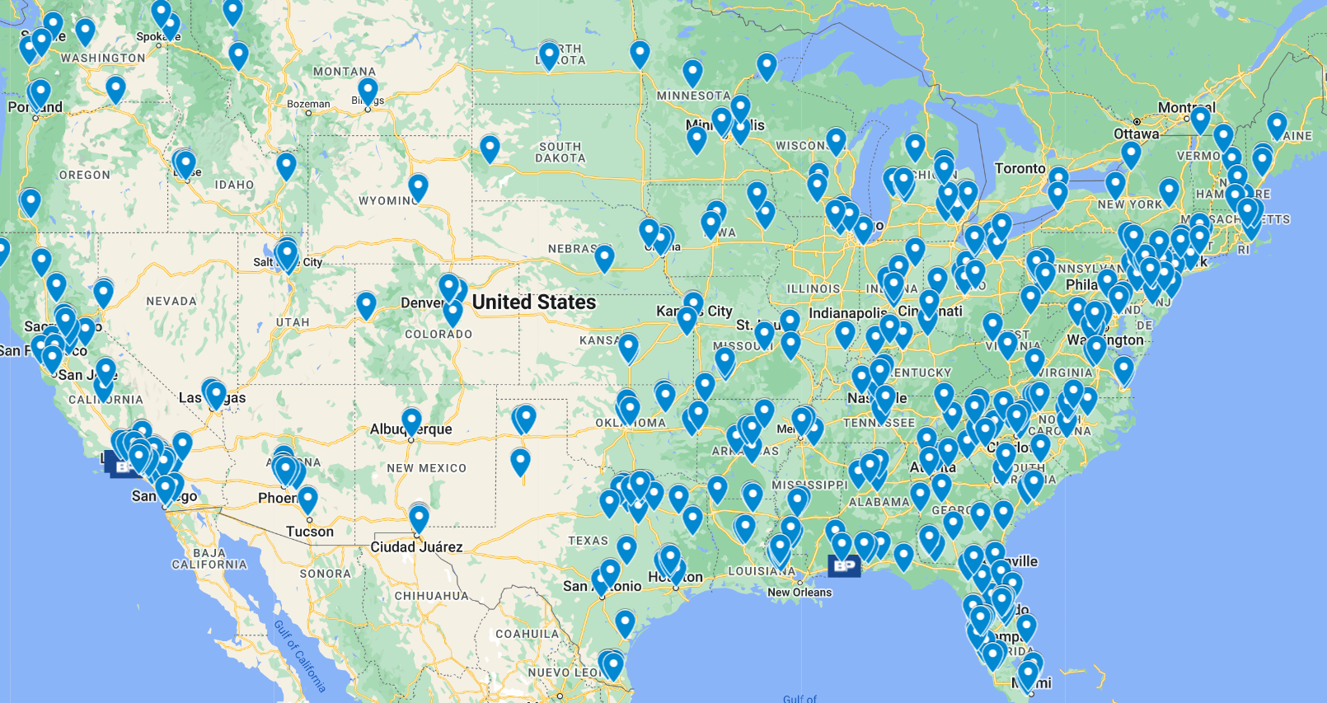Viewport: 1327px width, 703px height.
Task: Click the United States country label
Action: pos(534,302)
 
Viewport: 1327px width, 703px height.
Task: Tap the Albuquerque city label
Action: pos(410,429)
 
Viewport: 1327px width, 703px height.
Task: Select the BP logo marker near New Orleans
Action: pos(843,565)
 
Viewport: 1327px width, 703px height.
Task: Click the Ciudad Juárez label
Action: pos(416,547)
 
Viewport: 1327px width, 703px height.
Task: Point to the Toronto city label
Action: pos(1020,168)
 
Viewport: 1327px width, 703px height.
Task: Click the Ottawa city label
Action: pos(1136,134)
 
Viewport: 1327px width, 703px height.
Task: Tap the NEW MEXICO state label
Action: pos(426,468)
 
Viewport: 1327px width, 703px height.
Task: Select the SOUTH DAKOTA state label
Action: pos(560,152)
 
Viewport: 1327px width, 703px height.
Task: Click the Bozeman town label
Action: pos(308,104)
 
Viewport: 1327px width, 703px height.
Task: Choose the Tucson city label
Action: pos(310,532)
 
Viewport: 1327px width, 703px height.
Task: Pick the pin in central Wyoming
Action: pos(418,186)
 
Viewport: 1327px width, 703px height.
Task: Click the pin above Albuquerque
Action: pos(411,420)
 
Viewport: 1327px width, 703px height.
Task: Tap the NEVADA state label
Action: pos(171,302)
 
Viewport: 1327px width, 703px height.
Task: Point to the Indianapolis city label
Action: pos(847,313)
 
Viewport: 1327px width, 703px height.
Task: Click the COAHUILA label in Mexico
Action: pos(528,634)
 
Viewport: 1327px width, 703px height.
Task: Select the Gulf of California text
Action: pos(299,656)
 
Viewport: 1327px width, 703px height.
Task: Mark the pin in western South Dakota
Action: pos(490,148)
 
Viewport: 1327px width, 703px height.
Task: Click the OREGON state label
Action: pos(84,175)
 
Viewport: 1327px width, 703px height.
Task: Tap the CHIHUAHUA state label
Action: pos(431,596)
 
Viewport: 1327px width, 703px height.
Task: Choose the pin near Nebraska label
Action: pos(604,257)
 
